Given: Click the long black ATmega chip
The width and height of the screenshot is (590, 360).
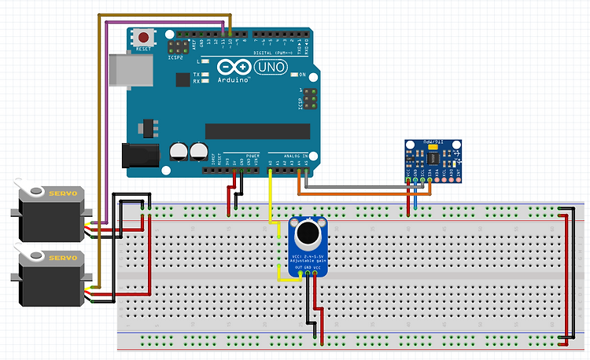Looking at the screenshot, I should (252, 130).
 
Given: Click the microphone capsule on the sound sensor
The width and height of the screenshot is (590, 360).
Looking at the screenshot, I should (305, 233).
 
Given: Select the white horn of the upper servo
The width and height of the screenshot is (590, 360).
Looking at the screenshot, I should (31, 189).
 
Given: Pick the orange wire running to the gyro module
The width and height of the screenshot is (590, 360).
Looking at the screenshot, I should (354, 193).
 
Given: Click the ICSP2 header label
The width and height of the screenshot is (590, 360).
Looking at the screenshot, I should (175, 57).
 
